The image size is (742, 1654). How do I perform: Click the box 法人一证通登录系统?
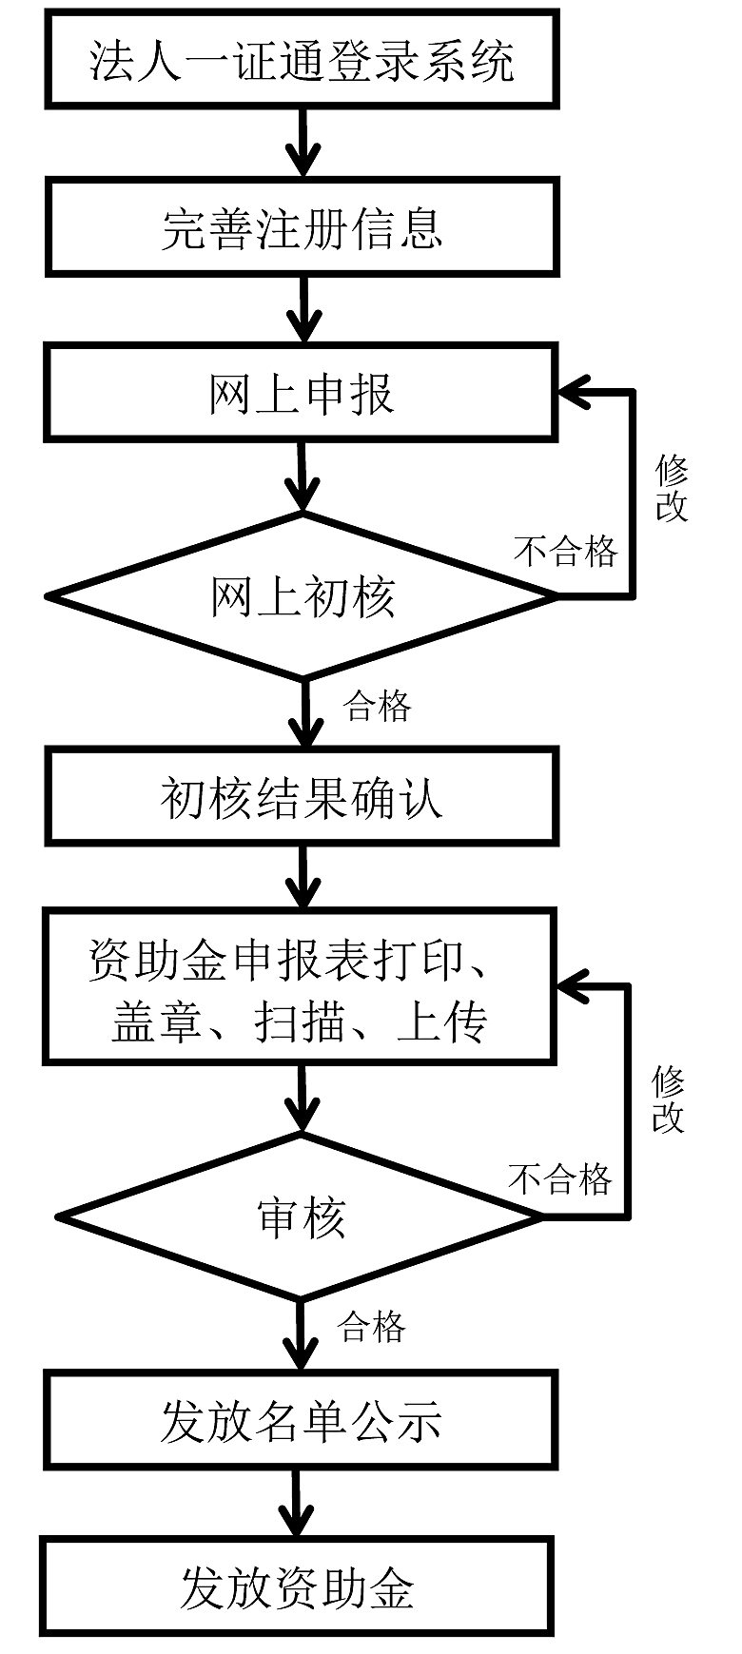(x=303, y=59)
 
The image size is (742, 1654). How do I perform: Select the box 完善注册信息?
(x=303, y=228)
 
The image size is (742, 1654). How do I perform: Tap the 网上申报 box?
(x=301, y=394)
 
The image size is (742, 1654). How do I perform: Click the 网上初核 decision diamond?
(x=303, y=596)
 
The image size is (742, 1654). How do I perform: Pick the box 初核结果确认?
(x=302, y=796)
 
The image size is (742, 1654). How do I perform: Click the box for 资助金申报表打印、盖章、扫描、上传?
(x=299, y=986)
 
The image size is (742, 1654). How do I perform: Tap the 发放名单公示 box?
(x=301, y=1422)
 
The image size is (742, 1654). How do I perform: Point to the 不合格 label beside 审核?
(x=560, y=1179)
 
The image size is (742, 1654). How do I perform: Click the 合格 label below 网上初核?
(x=378, y=706)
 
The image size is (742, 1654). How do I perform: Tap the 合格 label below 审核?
(x=372, y=1326)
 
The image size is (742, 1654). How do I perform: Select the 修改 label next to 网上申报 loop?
(x=672, y=487)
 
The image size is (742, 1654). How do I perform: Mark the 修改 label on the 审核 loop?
(x=668, y=1100)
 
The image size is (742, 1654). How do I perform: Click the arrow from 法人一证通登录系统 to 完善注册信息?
(x=303, y=143)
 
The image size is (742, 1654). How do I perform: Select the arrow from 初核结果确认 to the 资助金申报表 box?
(x=303, y=875)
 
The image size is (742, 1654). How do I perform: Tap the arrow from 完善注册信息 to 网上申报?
(x=303, y=309)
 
